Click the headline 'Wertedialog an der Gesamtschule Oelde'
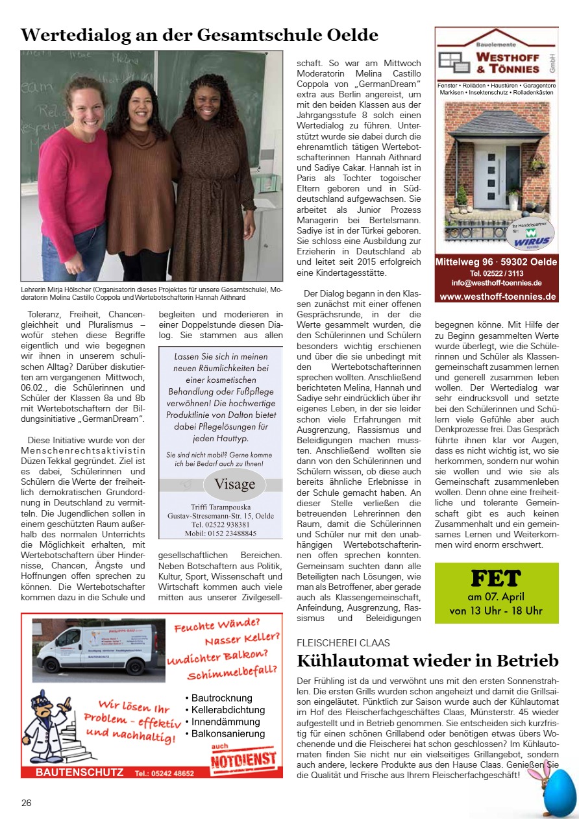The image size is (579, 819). tap(199, 34)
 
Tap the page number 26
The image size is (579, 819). tap(26, 803)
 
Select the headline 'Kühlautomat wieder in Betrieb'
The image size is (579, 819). tap(427, 661)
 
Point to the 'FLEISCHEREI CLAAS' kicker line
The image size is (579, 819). tap(343, 642)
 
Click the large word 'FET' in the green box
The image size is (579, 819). tap(496, 578)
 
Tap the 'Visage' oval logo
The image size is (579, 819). tap(234, 484)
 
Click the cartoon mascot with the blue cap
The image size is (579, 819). tap(49, 718)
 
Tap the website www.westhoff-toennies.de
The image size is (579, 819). tap(497, 297)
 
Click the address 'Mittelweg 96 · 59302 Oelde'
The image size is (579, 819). tap(497, 262)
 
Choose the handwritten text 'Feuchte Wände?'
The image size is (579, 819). tap(216, 628)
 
